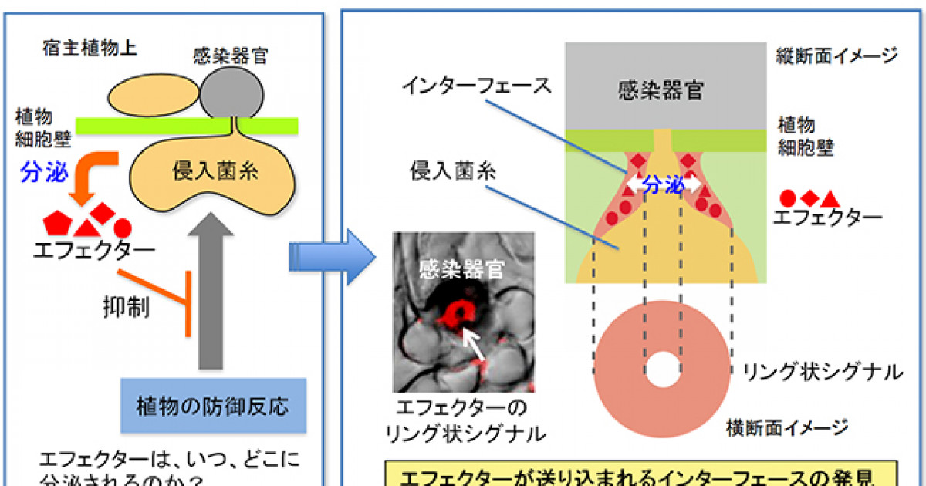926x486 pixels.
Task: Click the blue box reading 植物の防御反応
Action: (214, 404)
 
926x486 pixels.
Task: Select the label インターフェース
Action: (477, 85)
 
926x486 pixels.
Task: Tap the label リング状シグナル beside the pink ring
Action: (822, 373)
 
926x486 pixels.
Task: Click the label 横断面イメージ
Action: (787, 427)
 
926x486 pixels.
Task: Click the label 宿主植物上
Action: (90, 49)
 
